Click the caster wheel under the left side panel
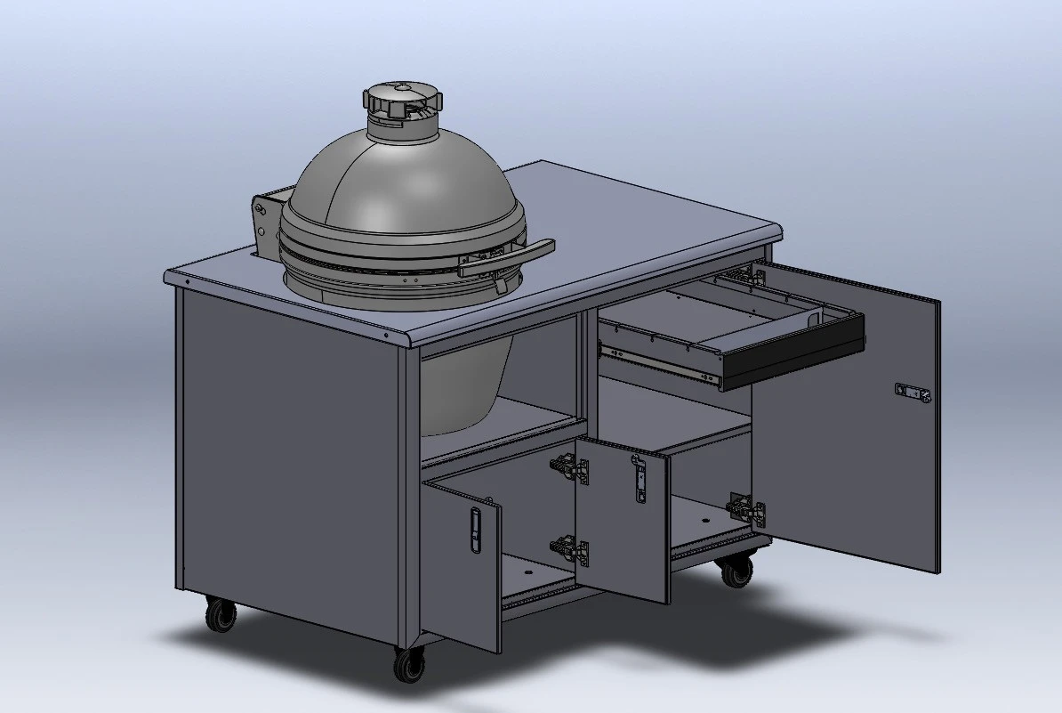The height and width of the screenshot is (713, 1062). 221,613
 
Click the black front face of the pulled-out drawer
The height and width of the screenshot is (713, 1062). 792,349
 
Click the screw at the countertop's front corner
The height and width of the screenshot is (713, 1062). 388,336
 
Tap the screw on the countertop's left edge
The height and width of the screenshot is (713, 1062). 187,280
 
